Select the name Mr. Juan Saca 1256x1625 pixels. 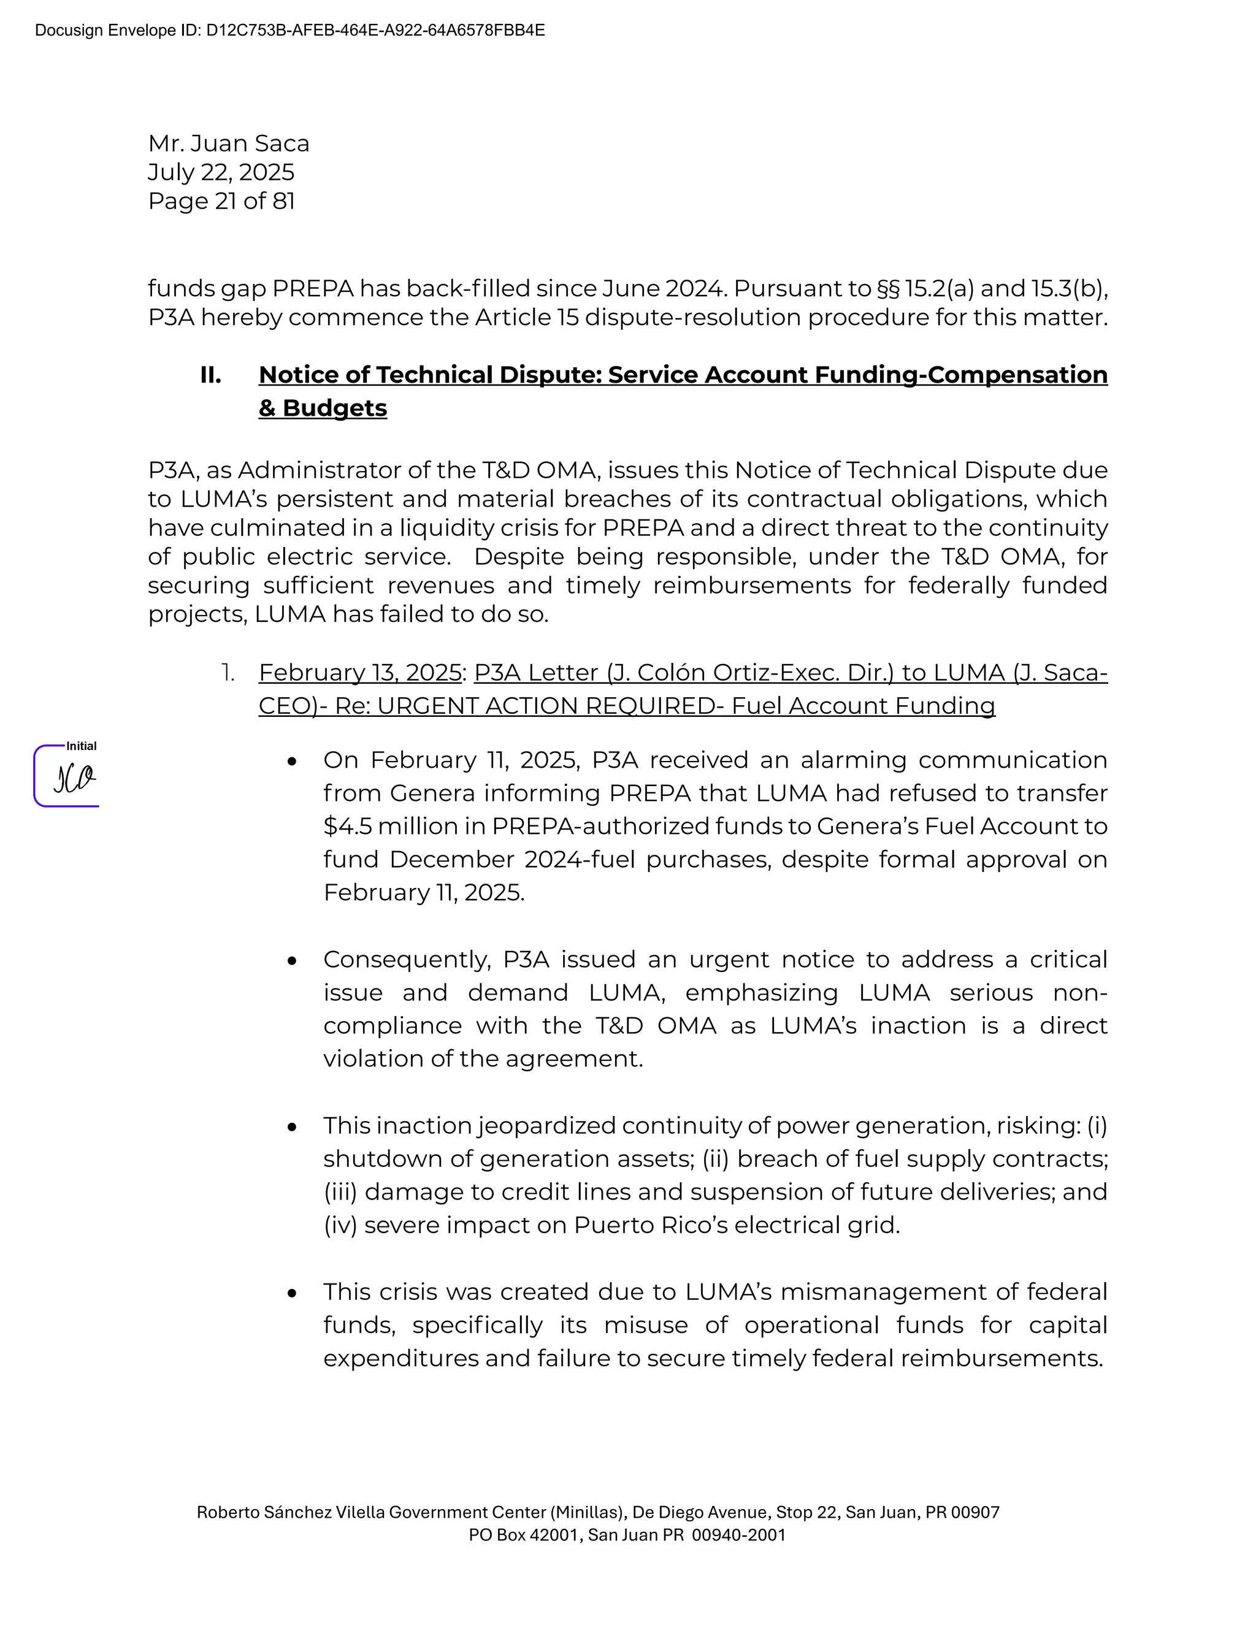228,143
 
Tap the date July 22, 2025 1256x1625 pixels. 221,172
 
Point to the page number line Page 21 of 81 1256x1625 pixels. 221,201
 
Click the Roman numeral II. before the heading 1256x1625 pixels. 210,375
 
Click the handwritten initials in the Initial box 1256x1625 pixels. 74,778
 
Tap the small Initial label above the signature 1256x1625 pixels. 81,746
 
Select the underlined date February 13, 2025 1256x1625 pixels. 360,673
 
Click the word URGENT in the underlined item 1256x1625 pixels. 426,705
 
